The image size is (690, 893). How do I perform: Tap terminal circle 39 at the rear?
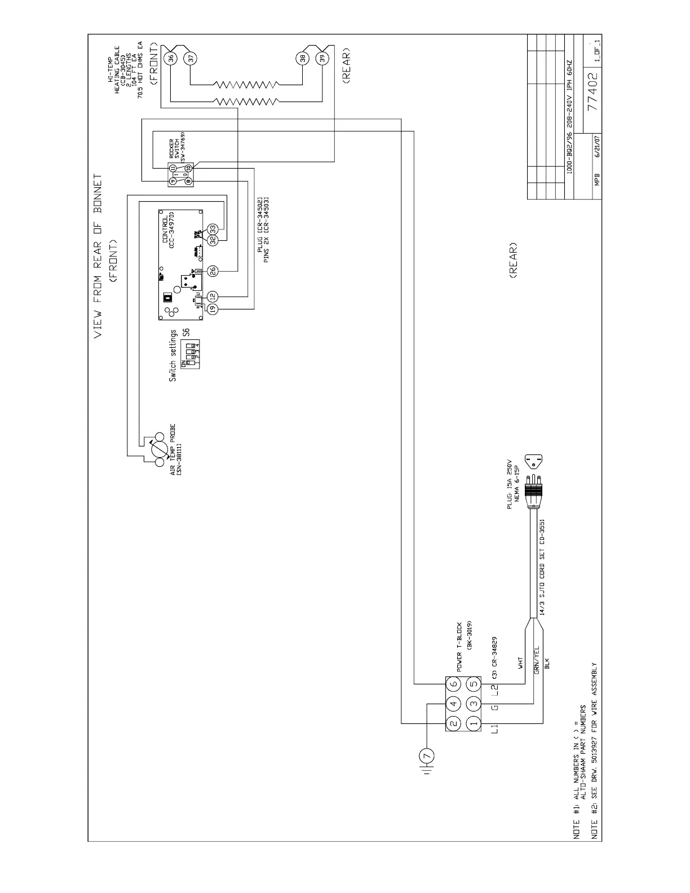[x=322, y=58]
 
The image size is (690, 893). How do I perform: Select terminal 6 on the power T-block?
[x=454, y=684]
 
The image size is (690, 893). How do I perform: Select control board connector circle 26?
[x=213, y=271]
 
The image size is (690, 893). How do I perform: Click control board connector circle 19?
[x=213, y=308]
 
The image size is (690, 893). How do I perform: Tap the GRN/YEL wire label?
[x=537, y=659]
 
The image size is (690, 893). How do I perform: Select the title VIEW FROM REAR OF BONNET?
[x=98, y=255]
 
